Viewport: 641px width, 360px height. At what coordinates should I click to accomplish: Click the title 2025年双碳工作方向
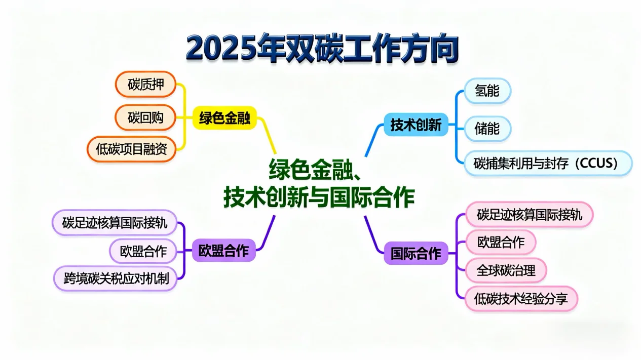[x=322, y=49]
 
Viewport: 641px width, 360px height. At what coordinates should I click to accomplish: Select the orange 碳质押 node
[x=145, y=85]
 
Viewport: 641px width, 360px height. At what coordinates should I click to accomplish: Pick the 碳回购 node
[x=145, y=117]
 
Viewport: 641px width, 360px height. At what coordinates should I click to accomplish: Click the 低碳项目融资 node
[x=132, y=149]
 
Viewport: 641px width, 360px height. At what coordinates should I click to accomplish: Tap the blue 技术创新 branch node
[x=416, y=124]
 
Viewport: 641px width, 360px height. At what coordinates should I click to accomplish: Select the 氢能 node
[x=487, y=91]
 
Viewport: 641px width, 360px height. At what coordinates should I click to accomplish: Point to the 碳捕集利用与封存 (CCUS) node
[x=548, y=163]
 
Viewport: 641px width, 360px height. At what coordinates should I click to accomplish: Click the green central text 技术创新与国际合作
[x=319, y=197]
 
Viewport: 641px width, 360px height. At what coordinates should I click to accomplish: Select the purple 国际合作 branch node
[x=416, y=253]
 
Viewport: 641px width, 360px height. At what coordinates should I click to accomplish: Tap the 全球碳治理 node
[x=506, y=270]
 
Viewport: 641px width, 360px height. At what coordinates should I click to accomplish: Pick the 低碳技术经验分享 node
[x=521, y=299]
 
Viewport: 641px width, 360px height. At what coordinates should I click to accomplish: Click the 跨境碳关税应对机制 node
[x=116, y=278]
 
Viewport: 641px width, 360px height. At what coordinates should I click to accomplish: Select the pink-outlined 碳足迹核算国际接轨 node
[x=529, y=215]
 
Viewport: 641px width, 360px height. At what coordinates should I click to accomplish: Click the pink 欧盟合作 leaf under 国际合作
[x=501, y=242]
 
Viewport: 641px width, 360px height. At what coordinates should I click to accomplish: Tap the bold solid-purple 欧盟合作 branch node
[x=224, y=251]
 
